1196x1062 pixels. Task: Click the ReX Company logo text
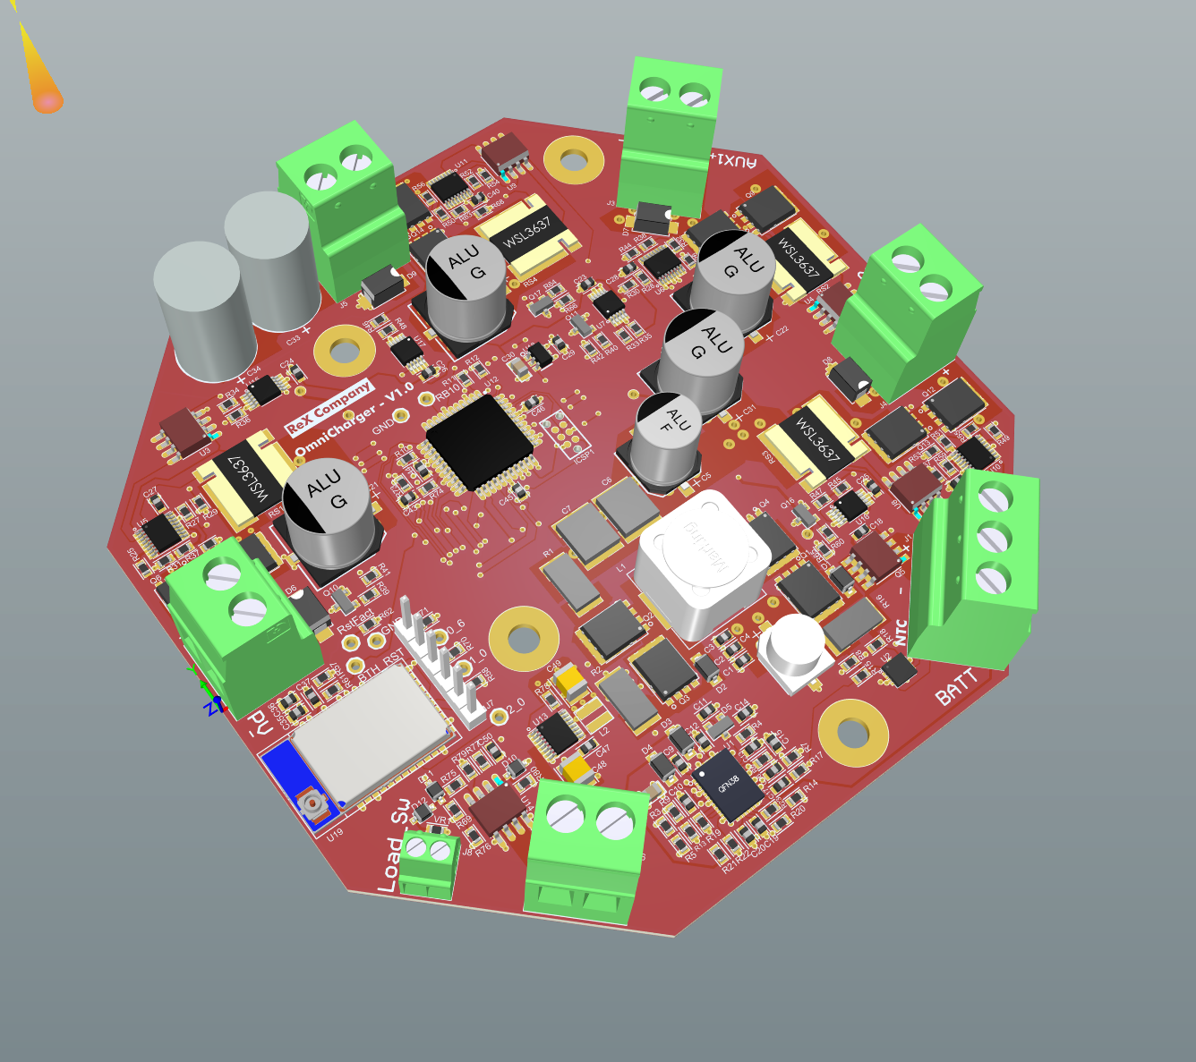(x=328, y=407)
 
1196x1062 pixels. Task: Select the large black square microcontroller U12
(x=481, y=441)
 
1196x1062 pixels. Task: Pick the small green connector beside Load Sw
(x=427, y=862)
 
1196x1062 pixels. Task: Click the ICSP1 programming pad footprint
(x=565, y=433)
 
